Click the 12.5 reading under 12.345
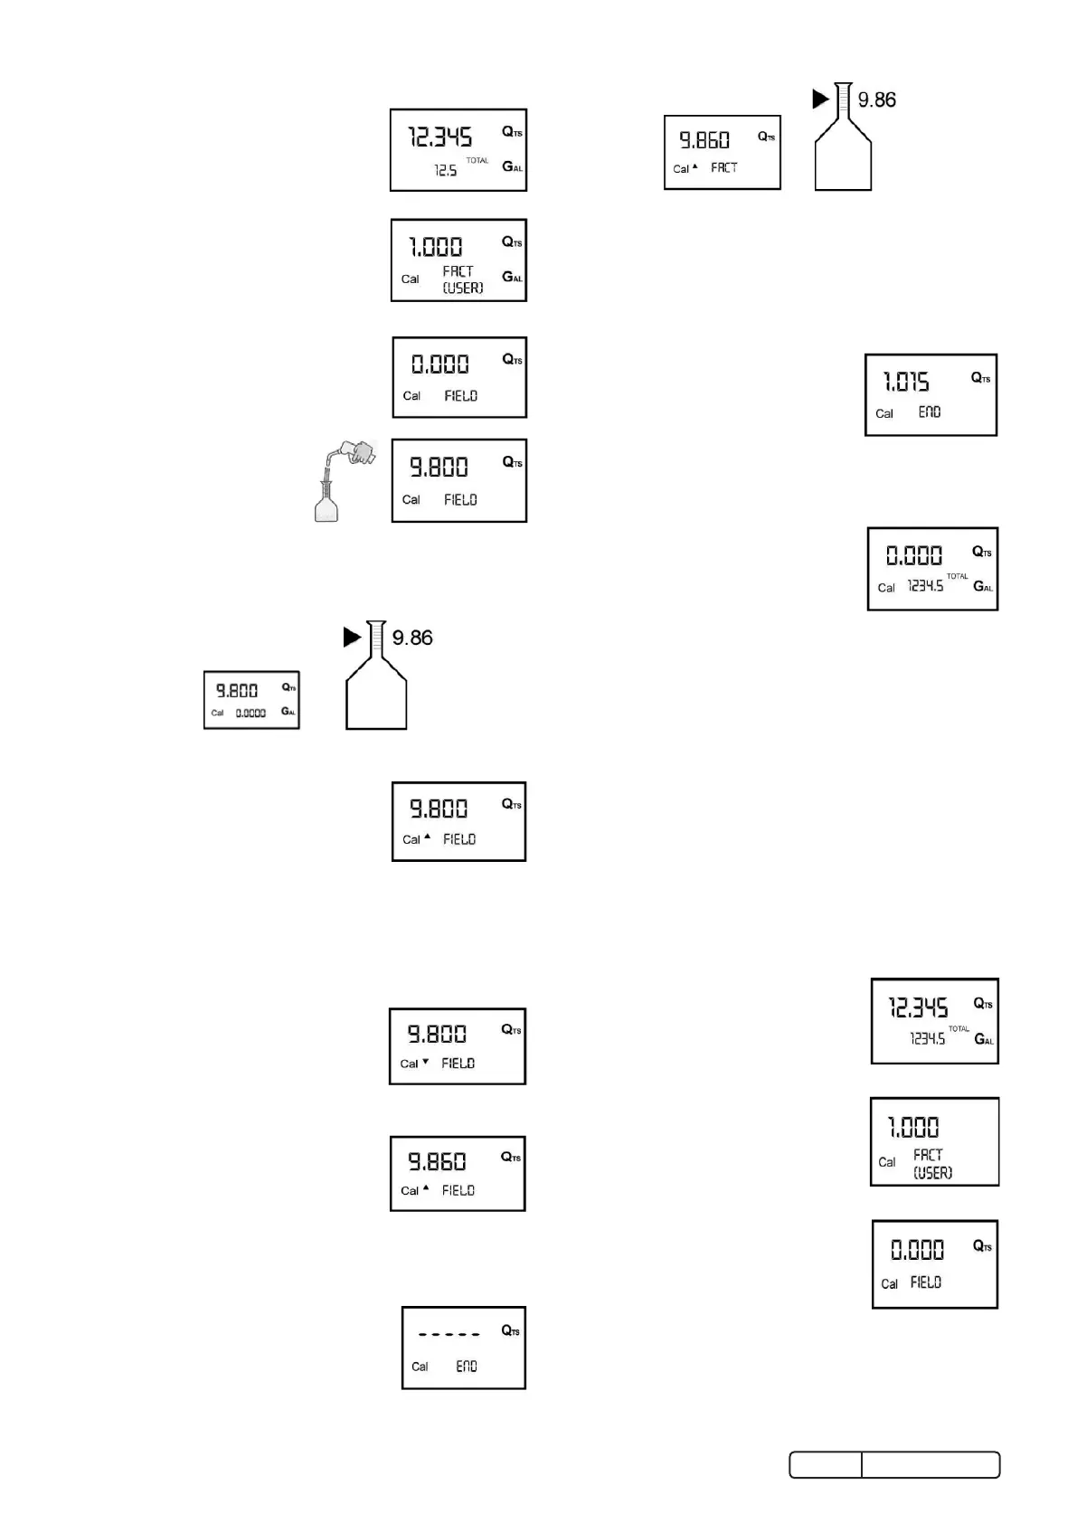[x=445, y=170]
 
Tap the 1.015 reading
[x=906, y=383]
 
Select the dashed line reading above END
[x=449, y=1334]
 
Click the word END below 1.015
[x=930, y=412]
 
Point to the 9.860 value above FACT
[x=704, y=140]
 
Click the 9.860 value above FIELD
[x=437, y=1162]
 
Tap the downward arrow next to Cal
[x=426, y=1062]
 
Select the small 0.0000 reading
[x=250, y=713]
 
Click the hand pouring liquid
[x=354, y=453]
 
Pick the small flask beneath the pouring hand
[x=326, y=504]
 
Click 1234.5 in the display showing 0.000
[x=925, y=586]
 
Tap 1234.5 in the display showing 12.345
[x=927, y=1039]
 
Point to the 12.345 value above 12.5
[x=440, y=137]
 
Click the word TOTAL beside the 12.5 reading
[x=477, y=160]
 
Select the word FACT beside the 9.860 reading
[x=723, y=167]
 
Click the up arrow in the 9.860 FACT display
[x=694, y=166]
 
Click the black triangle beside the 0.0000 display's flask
[x=353, y=638]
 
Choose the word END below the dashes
[x=467, y=1366]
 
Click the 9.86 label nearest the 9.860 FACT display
[x=876, y=100]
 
